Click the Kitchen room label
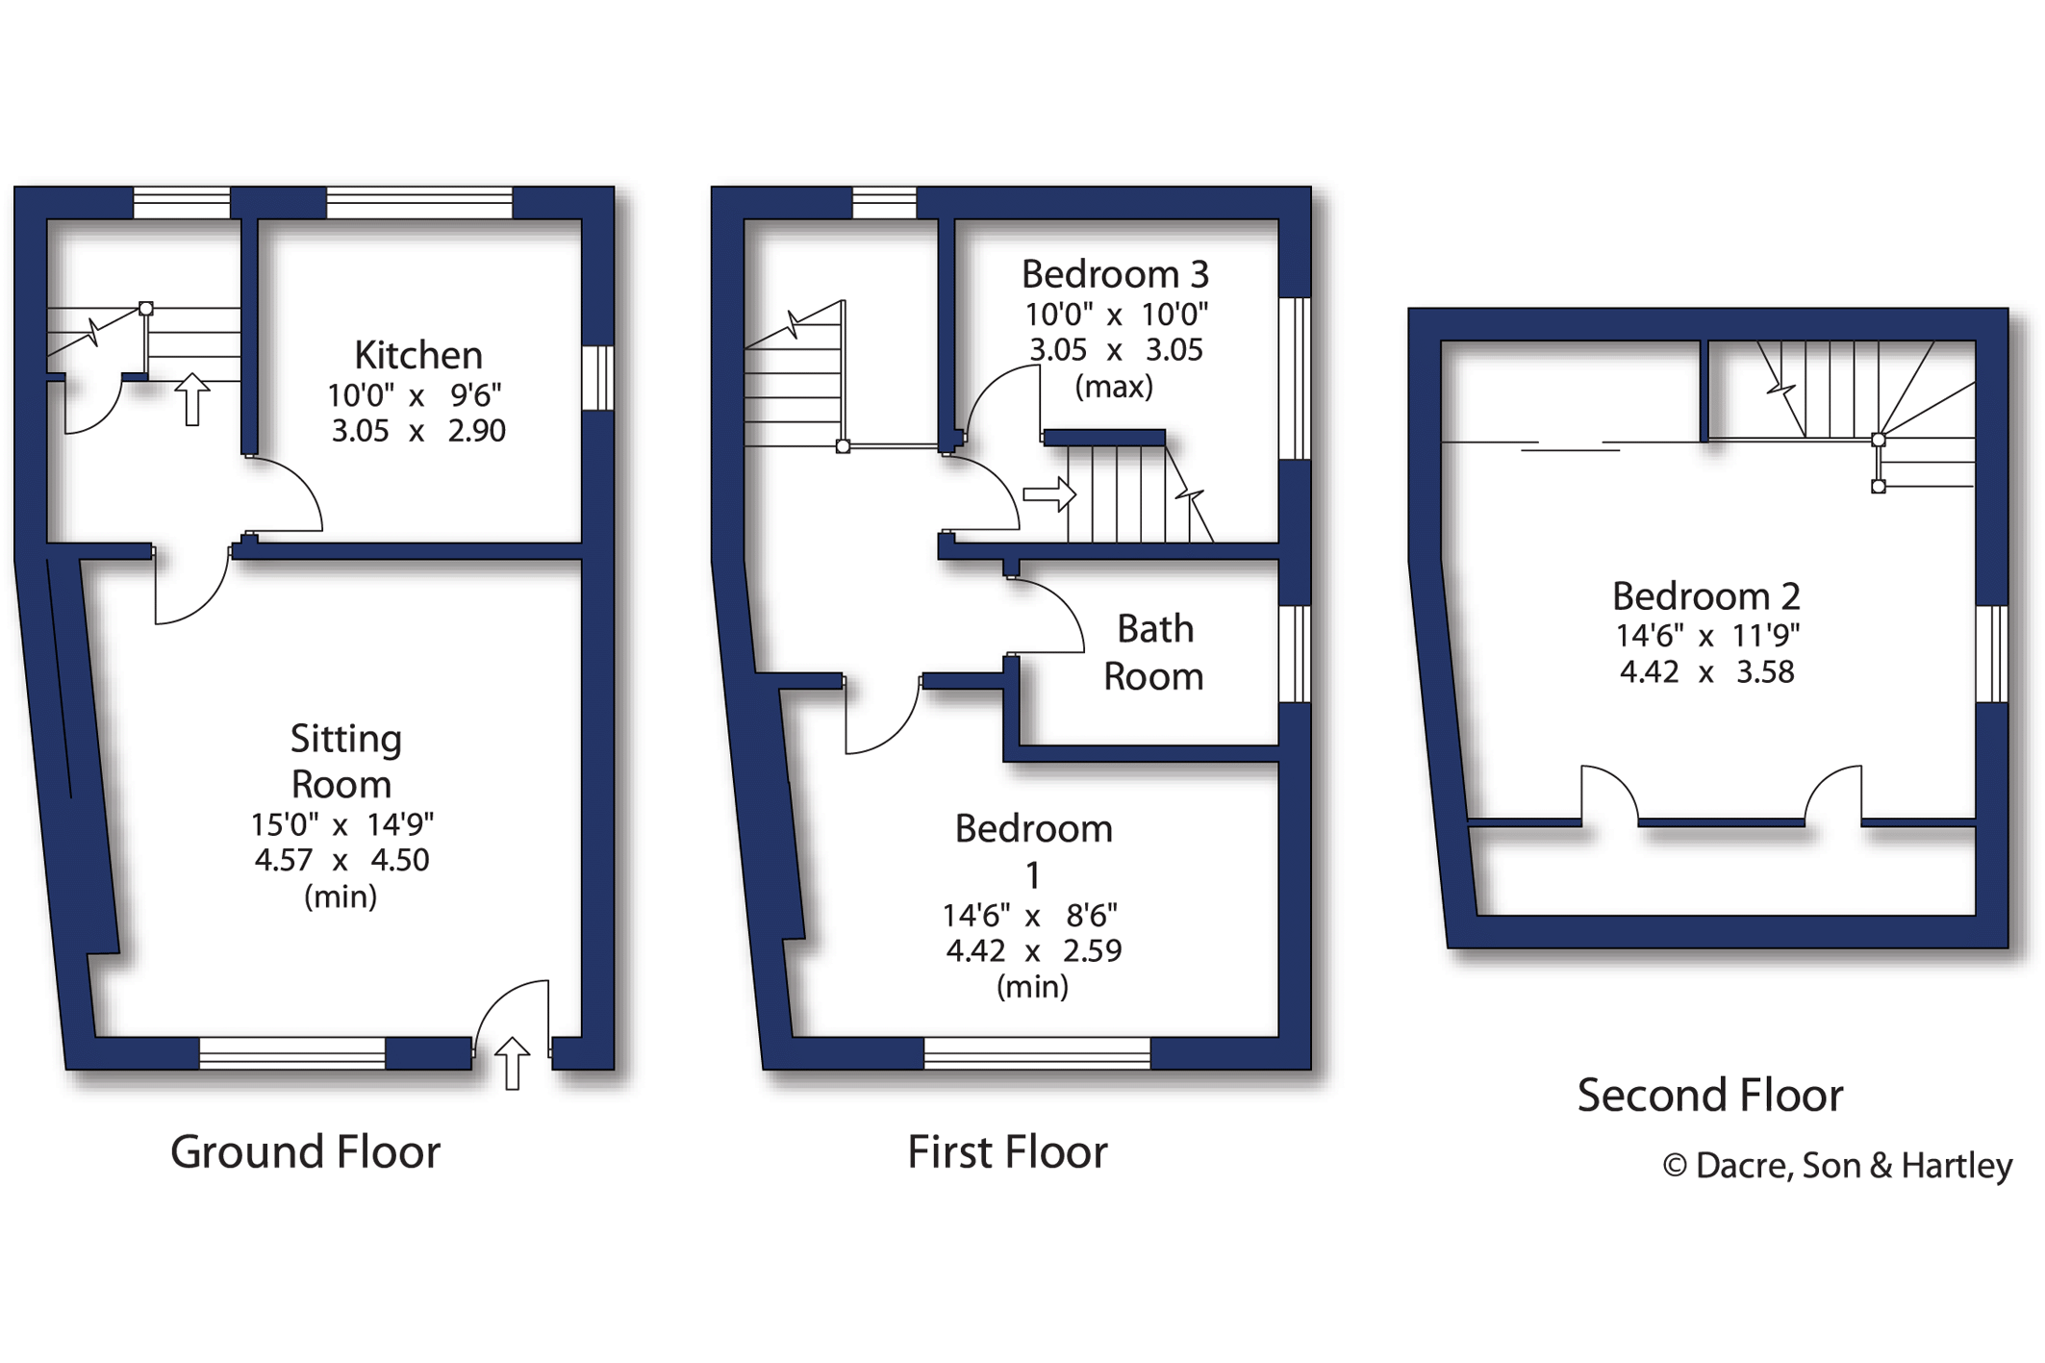417,355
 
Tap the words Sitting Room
343,761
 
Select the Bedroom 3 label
1114,274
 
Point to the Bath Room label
1153,652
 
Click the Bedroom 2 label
1705,596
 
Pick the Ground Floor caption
305,1151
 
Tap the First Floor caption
1007,1151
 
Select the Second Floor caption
1709,1095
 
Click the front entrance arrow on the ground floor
513,1063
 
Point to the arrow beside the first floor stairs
1049,494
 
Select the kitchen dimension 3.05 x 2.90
417,431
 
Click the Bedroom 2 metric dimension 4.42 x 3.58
1705,671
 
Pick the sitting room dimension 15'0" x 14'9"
341,824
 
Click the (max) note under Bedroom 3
1113,387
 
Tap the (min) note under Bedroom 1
1032,987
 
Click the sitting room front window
292,1053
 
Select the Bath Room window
1295,654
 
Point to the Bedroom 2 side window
1991,654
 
